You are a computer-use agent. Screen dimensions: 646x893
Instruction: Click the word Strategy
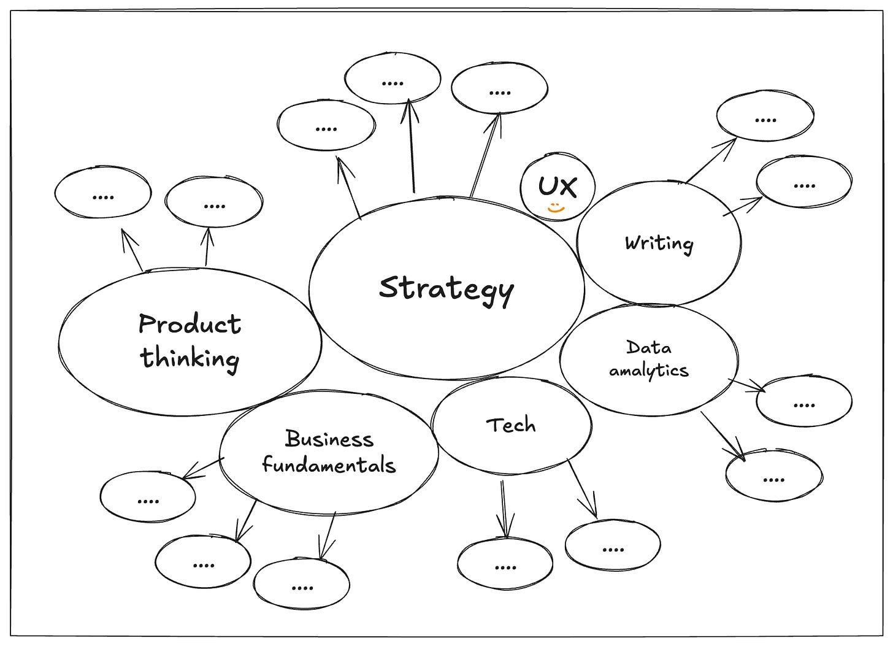pyautogui.click(x=446, y=289)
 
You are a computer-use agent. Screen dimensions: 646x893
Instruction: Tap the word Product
pyautogui.click(x=190, y=324)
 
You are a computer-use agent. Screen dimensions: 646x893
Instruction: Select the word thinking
pyautogui.click(x=190, y=358)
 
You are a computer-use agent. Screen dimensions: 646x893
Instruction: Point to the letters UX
pyautogui.click(x=558, y=186)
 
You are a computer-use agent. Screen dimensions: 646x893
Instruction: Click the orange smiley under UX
pyautogui.click(x=556, y=209)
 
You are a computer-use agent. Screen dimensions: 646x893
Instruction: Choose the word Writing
pyautogui.click(x=659, y=244)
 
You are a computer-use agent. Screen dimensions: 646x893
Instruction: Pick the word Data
pyautogui.click(x=648, y=348)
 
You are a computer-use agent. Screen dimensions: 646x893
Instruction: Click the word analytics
pyautogui.click(x=648, y=371)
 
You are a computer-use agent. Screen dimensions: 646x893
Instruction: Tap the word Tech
pyautogui.click(x=510, y=425)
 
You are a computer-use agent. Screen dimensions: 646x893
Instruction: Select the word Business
pyautogui.click(x=329, y=439)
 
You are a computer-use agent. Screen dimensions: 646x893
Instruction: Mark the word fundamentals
pyautogui.click(x=329, y=465)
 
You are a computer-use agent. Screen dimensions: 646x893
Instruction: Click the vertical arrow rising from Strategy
pyautogui.click(x=412, y=147)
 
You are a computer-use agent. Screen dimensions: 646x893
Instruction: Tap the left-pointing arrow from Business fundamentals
pyautogui.click(x=203, y=469)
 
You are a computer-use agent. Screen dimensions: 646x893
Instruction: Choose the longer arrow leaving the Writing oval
pyautogui.click(x=711, y=160)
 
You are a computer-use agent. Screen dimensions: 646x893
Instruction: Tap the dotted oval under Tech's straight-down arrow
pyautogui.click(x=505, y=564)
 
